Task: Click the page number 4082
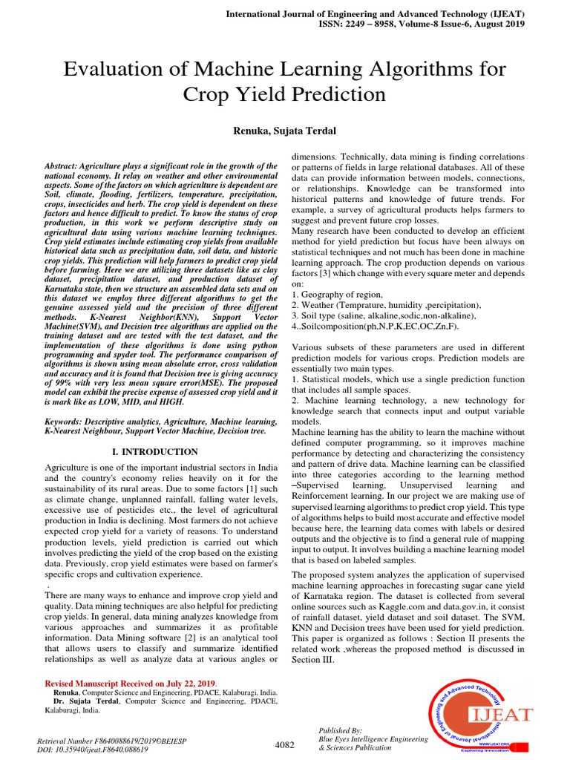pyautogui.click(x=285, y=744)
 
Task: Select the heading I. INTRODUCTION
pyautogui.click(x=154, y=451)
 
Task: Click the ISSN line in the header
pyautogui.click(x=420, y=23)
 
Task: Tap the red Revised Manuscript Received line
pyautogui.click(x=131, y=683)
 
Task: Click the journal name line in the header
pyautogui.click(x=375, y=13)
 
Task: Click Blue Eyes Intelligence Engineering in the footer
pyautogui.click(x=373, y=739)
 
